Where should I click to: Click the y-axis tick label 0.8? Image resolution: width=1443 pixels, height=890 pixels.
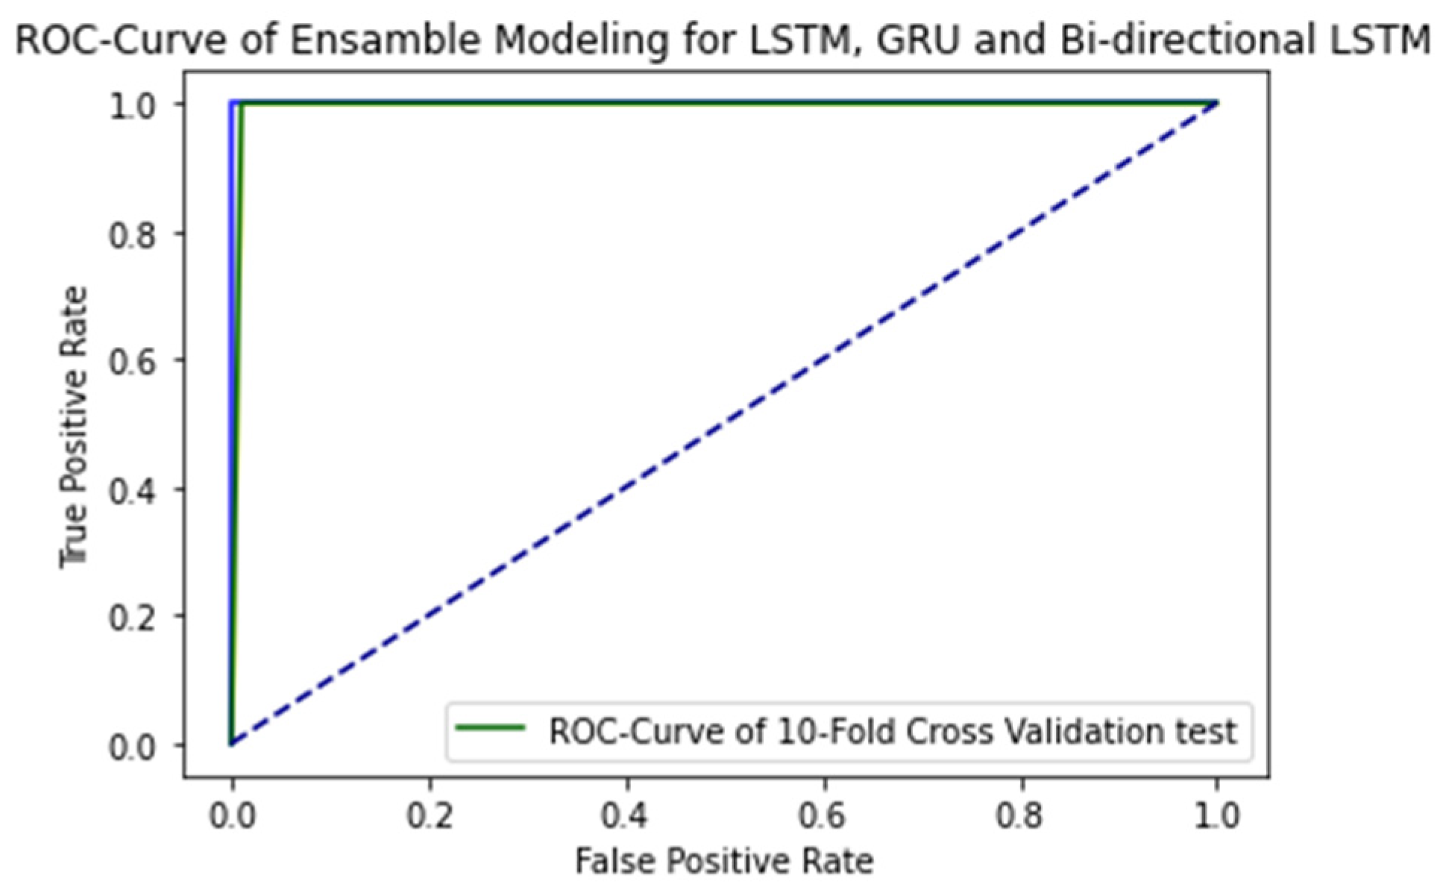(x=132, y=234)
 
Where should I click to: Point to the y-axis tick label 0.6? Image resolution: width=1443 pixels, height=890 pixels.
(x=132, y=362)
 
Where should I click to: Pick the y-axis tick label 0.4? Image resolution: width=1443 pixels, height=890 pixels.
(x=132, y=490)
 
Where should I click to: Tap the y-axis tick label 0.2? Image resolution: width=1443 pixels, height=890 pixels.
(x=132, y=618)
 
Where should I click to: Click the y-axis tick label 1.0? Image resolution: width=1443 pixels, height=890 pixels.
(x=132, y=106)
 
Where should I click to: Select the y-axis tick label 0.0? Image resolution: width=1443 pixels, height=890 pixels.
(x=132, y=746)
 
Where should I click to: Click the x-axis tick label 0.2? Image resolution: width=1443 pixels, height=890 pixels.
(x=430, y=815)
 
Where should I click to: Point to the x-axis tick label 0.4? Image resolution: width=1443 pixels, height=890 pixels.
(x=626, y=815)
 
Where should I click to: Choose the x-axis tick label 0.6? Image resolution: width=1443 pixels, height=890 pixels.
(x=824, y=815)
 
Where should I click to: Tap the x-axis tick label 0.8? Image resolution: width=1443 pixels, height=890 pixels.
(x=1021, y=815)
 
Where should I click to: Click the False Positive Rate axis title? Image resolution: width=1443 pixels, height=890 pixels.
(x=723, y=861)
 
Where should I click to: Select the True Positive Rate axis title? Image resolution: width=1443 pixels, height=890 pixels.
(x=74, y=426)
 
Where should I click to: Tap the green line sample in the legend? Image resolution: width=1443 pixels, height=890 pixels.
(x=490, y=727)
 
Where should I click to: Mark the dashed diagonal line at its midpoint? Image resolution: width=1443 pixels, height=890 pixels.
(x=724, y=423)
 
